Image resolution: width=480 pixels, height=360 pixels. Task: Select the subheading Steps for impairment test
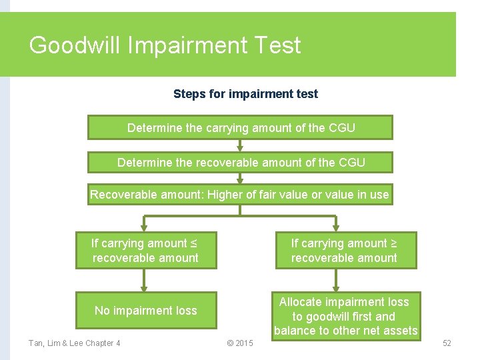(245, 94)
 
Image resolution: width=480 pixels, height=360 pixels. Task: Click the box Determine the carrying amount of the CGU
(240, 127)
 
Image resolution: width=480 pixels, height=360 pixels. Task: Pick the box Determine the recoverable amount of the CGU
(240, 162)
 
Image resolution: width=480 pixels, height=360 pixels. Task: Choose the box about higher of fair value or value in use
(240, 195)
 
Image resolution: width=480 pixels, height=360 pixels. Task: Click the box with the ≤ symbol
(145, 251)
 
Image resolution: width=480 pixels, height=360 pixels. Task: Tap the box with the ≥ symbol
(345, 251)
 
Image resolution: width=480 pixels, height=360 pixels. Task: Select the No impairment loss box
(145, 310)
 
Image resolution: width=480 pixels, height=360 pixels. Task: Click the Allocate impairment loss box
(345, 317)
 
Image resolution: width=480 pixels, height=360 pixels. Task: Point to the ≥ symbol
(393, 243)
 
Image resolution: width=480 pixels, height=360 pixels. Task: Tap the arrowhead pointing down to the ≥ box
(335, 227)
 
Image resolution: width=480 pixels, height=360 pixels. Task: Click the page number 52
(447, 343)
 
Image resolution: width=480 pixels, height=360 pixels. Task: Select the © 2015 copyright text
(240, 343)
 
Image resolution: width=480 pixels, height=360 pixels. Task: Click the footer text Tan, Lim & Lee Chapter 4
(75, 343)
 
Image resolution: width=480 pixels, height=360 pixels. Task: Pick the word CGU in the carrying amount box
(341, 127)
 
